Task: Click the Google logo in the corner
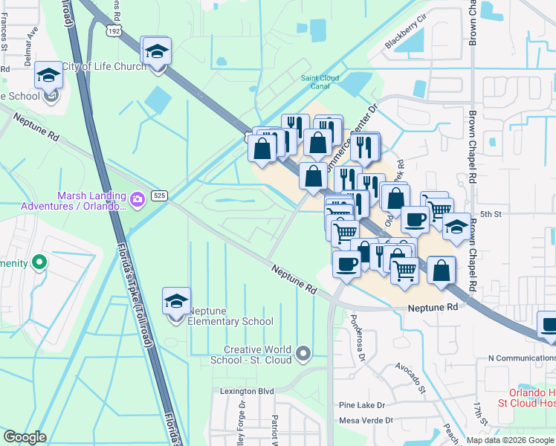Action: pos(25,437)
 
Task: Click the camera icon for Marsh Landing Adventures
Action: pos(137,198)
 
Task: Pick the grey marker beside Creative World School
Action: pos(303,353)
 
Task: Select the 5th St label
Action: pos(491,214)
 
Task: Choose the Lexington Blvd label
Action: pos(247,391)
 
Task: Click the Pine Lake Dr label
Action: pos(361,405)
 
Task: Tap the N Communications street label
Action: pos(520,358)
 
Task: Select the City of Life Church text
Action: pos(98,66)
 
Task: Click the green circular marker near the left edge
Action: pos(40,262)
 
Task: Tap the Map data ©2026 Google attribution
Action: pos(510,440)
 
